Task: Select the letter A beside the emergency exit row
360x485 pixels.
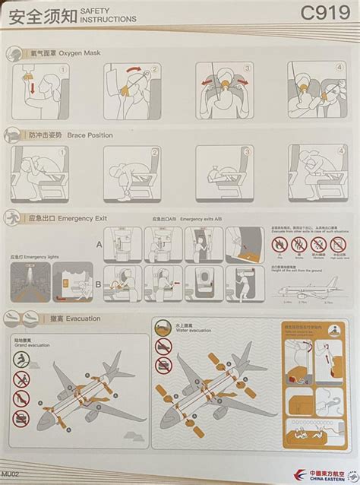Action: pyautogui.click(x=99, y=244)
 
